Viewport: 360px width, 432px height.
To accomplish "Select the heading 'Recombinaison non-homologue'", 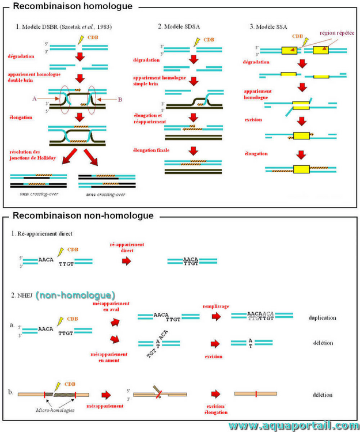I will (83, 216).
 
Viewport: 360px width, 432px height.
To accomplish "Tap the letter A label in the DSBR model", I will (35, 98).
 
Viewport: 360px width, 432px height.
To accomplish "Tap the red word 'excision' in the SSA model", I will (253, 120).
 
